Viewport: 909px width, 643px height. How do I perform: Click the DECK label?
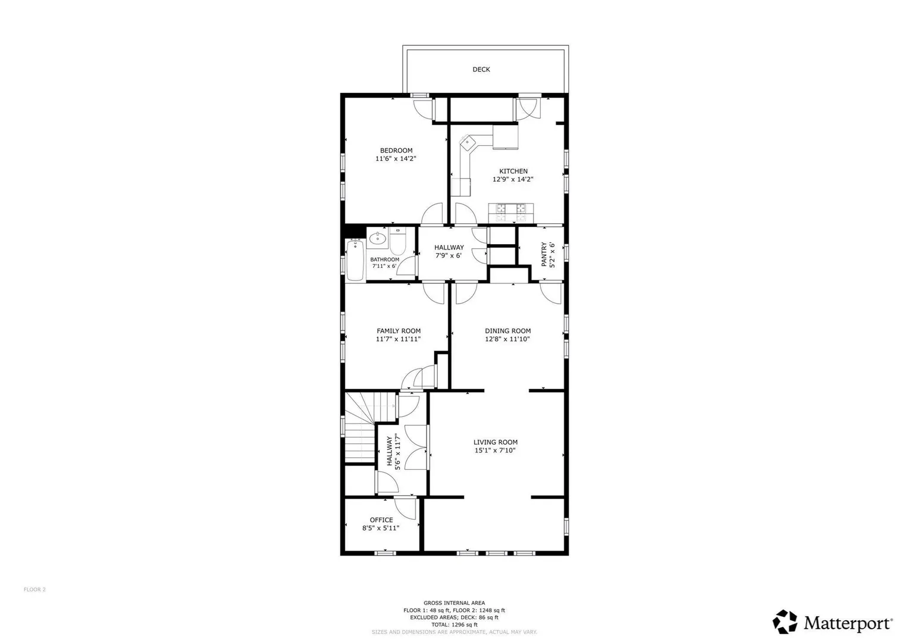(481, 70)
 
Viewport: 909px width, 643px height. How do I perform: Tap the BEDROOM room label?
(396, 150)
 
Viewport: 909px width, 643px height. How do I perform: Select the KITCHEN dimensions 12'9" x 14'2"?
(513, 179)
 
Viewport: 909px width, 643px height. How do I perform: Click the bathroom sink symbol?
(378, 238)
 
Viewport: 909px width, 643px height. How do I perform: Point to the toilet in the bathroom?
(397, 241)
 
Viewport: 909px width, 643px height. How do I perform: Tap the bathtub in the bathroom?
(356, 260)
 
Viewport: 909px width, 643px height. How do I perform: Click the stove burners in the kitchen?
(510, 213)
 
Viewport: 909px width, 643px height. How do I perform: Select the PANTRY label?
(544, 254)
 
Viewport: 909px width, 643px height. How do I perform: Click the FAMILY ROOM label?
(399, 331)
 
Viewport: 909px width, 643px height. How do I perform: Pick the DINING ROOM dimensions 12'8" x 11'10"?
(507, 339)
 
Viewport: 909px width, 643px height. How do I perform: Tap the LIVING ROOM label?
(496, 442)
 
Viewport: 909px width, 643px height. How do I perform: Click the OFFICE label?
(381, 520)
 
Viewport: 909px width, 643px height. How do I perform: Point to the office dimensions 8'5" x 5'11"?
(381, 528)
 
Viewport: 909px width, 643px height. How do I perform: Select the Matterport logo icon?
(785, 622)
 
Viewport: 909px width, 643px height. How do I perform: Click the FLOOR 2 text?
(35, 589)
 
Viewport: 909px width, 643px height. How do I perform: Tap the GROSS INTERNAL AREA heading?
(454, 603)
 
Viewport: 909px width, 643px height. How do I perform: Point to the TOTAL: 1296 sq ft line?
(454, 625)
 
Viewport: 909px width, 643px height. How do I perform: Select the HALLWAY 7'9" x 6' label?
(449, 251)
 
